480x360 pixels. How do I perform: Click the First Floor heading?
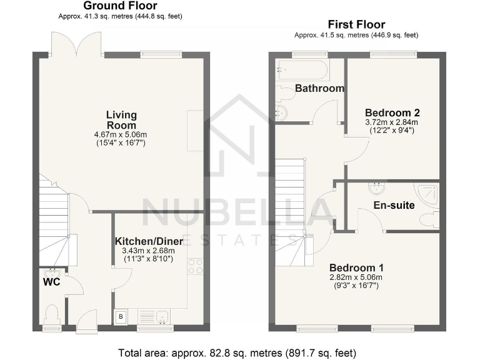tap(356, 24)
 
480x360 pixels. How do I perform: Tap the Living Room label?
tap(121, 120)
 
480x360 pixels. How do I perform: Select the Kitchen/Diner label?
tap(149, 241)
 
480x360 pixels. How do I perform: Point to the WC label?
tap(51, 282)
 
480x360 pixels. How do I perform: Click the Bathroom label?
tap(319, 88)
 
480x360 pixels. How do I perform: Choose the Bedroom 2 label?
tap(392, 112)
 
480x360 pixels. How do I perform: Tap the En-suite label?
tap(394, 205)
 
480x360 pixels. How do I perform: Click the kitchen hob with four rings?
tap(195, 267)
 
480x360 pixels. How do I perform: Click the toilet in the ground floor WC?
tap(52, 312)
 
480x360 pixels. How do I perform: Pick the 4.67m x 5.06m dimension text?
tap(121, 135)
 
